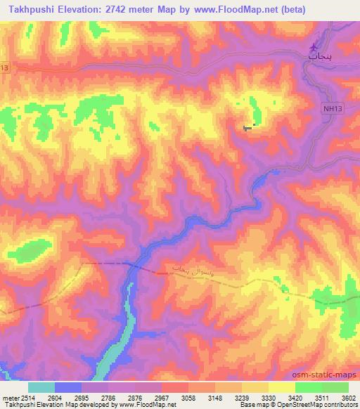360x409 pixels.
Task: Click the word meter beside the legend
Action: pos(8,397)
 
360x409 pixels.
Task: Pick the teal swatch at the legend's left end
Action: pos(41,387)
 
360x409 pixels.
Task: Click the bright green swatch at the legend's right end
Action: pos(335,387)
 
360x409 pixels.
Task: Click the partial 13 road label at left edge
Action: pos(5,67)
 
